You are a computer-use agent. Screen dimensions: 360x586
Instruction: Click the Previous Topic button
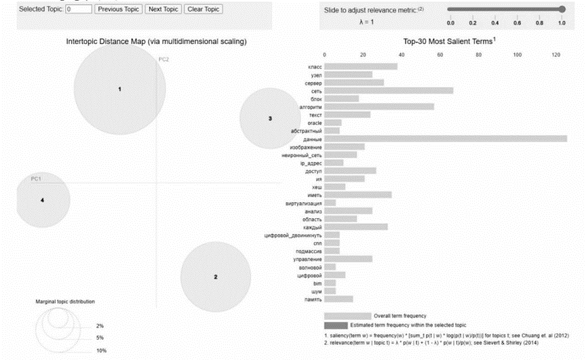coord(118,9)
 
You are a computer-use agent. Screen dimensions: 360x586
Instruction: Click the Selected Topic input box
coord(78,9)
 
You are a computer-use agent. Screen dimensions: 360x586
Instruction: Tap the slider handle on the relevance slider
coord(562,9)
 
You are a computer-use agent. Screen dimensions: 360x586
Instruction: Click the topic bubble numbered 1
coord(120,89)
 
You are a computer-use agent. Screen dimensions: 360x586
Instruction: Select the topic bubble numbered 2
coord(215,276)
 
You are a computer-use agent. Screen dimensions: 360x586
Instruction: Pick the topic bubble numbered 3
coord(270,119)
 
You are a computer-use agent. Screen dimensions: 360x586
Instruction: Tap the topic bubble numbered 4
coord(42,201)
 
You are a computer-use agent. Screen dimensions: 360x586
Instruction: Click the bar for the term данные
coord(445,139)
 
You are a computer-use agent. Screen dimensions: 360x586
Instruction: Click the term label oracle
coord(314,123)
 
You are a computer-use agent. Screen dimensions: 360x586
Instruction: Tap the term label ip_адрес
coord(311,163)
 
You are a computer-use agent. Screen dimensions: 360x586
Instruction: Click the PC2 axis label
coord(163,60)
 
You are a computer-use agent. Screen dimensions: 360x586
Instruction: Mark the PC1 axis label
coord(37,179)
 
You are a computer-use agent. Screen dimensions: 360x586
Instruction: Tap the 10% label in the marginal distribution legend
coord(101,351)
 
